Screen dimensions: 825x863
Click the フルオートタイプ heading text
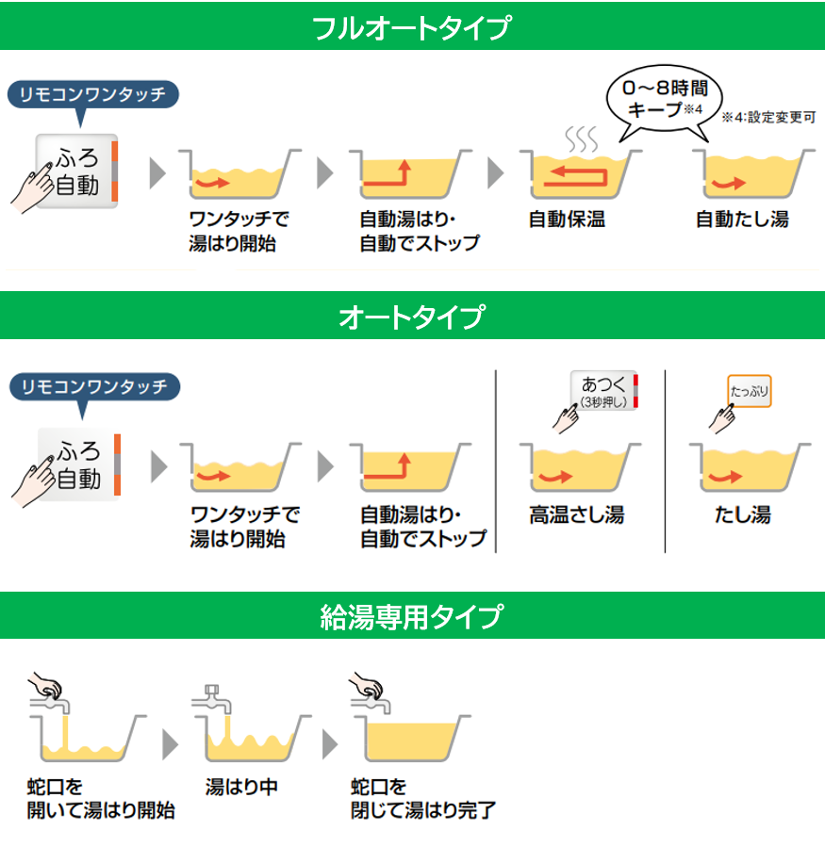(x=411, y=27)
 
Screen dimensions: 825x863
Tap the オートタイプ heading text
(x=412, y=317)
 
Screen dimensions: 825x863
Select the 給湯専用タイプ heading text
(x=412, y=616)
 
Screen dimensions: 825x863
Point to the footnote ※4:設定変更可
(x=768, y=117)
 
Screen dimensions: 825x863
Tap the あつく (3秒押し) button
(x=604, y=391)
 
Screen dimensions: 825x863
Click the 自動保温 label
(x=567, y=220)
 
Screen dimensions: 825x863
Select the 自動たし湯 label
(x=742, y=220)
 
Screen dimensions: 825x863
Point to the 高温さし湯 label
(x=577, y=514)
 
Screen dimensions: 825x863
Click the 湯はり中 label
(x=241, y=787)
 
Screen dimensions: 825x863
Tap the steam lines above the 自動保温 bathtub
(x=582, y=138)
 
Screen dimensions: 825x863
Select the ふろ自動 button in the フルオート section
(x=77, y=171)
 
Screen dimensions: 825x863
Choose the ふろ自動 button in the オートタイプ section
(x=79, y=464)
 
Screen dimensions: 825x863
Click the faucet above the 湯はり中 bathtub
(x=212, y=699)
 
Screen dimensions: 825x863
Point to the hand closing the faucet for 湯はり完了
(x=366, y=685)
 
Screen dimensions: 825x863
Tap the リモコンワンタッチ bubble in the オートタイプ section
(x=94, y=387)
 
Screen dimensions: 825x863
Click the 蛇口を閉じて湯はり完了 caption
(x=423, y=799)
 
